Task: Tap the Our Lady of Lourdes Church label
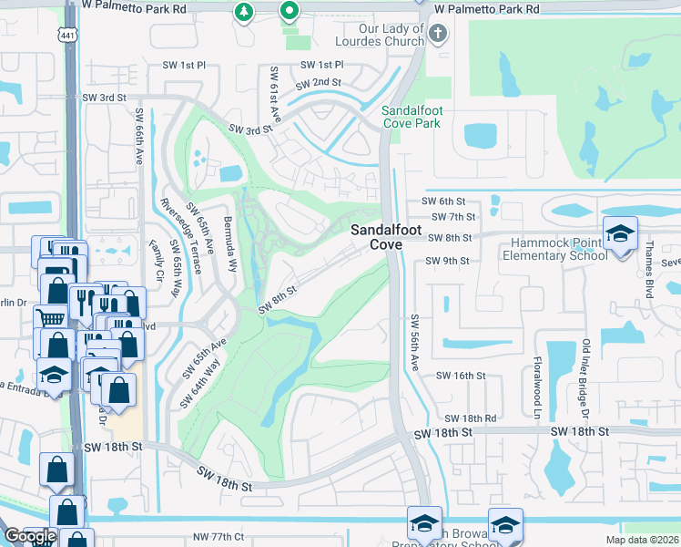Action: click(x=381, y=36)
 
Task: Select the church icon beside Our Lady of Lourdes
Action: click(x=438, y=35)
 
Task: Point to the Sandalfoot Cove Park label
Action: click(x=411, y=116)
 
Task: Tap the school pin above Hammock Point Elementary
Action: click(x=619, y=234)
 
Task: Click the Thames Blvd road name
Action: click(x=650, y=259)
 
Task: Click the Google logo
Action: click(x=30, y=536)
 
